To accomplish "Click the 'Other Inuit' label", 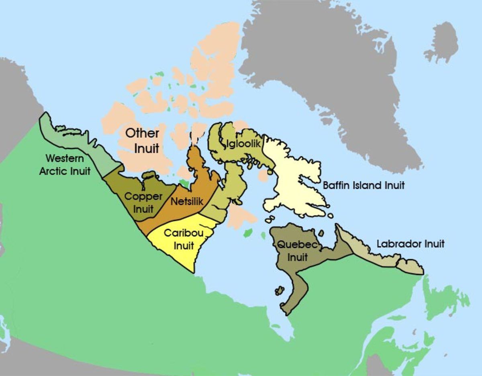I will (143, 141).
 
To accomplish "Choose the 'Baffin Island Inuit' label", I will (364, 186).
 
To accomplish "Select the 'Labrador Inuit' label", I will (411, 244).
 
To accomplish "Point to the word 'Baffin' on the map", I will (337, 186).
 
